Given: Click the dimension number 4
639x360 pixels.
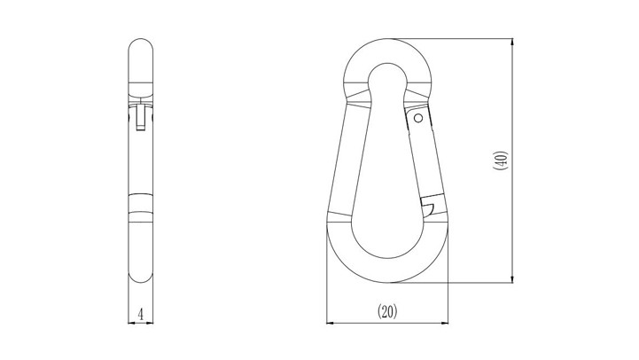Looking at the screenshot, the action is point(141,315).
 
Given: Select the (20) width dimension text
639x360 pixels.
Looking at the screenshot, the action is point(387,312).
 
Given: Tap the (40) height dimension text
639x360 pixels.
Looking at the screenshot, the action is point(501,160).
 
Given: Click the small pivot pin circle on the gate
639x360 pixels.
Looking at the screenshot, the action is point(418,118).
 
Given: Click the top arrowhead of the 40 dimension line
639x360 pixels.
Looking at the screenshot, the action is point(512,42).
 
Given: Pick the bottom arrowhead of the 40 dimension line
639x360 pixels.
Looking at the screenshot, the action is point(512,278).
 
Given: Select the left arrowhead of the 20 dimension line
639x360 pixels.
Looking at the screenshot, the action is point(331,324).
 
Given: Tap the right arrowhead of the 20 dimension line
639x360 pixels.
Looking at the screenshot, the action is point(444,324).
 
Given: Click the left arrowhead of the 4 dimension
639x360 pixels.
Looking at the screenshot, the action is point(131,323).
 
